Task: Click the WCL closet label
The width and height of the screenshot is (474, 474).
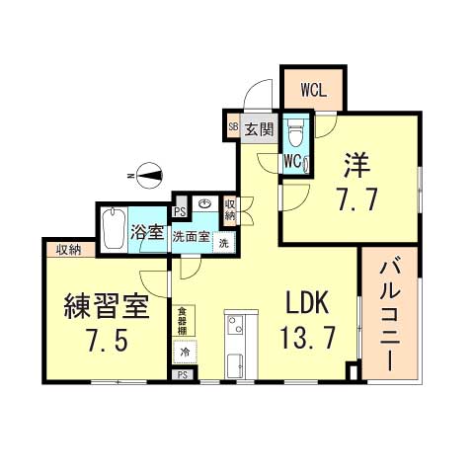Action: pyautogui.click(x=313, y=87)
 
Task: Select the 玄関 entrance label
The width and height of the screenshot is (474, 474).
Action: pyautogui.click(x=259, y=127)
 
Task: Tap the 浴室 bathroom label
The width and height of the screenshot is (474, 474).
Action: pyautogui.click(x=146, y=235)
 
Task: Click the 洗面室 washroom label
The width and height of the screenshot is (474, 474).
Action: pyautogui.click(x=191, y=237)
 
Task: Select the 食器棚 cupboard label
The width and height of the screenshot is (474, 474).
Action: pyautogui.click(x=183, y=323)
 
